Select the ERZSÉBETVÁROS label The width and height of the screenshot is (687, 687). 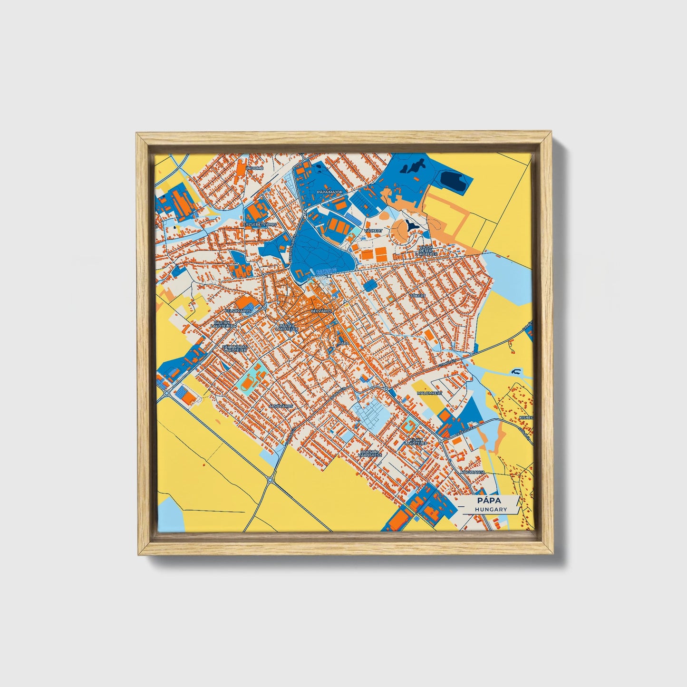click(x=260, y=224)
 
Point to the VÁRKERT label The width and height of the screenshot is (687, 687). click(x=373, y=230)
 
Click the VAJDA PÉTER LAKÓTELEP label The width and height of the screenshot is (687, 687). click(x=426, y=251)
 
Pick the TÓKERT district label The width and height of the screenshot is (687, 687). click(x=418, y=295)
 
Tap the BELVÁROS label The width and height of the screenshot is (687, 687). click(x=320, y=310)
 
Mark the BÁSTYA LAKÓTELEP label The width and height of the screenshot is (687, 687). click(x=287, y=327)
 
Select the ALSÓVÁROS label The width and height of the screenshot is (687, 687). click(x=281, y=406)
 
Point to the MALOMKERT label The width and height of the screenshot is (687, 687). click(x=429, y=394)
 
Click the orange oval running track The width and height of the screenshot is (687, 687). click(x=247, y=384)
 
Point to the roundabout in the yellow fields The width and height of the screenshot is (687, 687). click(x=271, y=480)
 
